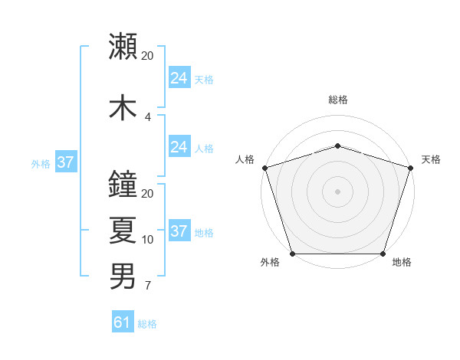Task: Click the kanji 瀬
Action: (123, 47)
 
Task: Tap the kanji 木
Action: (123, 106)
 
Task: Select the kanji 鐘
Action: (123, 185)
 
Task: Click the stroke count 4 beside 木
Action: (148, 116)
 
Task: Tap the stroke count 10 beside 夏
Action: (148, 240)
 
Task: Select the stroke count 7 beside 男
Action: (148, 286)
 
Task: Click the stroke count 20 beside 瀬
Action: (148, 56)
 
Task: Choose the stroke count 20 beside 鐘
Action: (148, 194)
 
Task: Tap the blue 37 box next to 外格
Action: (66, 162)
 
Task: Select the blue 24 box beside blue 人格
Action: (179, 148)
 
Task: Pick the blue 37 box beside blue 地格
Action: (179, 232)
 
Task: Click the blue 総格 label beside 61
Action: (147, 325)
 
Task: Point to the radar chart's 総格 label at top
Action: (337, 100)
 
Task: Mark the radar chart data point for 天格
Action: (410, 168)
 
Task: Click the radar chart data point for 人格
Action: (264, 168)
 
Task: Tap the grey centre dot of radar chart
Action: (337, 191)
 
